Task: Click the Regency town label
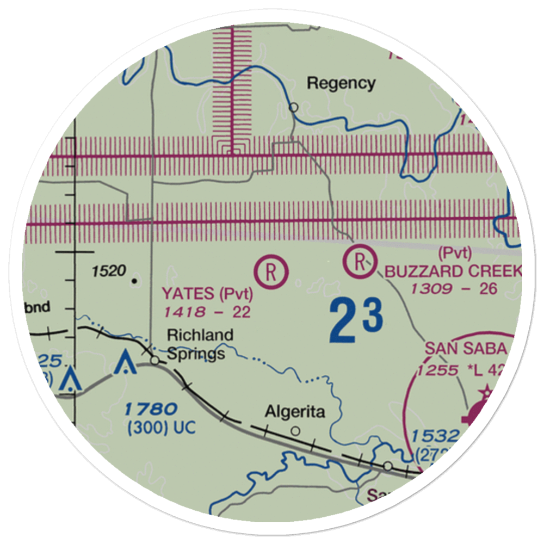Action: coord(341,83)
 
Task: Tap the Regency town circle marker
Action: coord(294,107)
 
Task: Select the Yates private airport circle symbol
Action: coord(271,270)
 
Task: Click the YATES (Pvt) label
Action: coord(207,294)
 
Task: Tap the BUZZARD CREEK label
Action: coord(453,271)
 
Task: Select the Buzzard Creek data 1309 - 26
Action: coord(454,288)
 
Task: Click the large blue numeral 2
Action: coord(343,322)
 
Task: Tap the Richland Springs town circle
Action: coord(154,360)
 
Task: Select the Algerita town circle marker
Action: coord(295,431)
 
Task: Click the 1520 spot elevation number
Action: coord(109,270)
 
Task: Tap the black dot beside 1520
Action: coord(134,281)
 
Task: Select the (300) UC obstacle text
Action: coord(161,428)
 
